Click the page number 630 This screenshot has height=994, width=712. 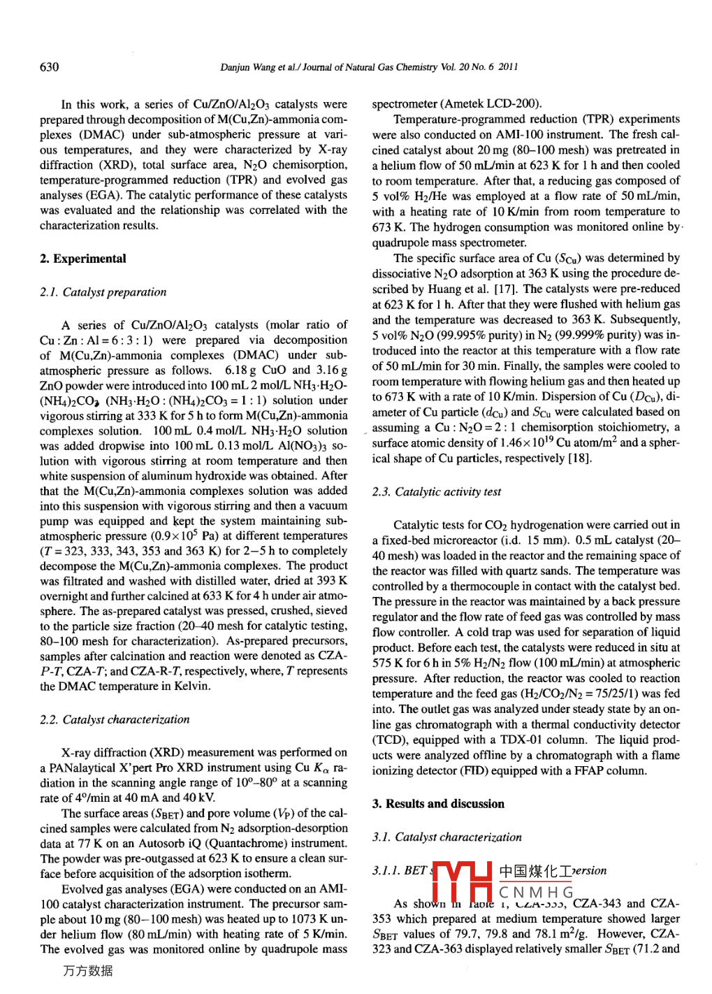50,67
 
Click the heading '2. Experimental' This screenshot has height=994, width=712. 83,259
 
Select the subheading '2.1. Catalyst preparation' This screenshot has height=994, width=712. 103,292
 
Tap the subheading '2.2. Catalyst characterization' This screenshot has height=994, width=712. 115,719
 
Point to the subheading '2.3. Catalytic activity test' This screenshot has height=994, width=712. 437,491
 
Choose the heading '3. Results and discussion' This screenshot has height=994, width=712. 438,804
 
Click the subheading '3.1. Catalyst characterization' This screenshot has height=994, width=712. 447,837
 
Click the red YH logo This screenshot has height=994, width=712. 461,881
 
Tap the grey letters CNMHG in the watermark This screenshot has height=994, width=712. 537,893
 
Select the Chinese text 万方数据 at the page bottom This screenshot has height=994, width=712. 87,971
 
